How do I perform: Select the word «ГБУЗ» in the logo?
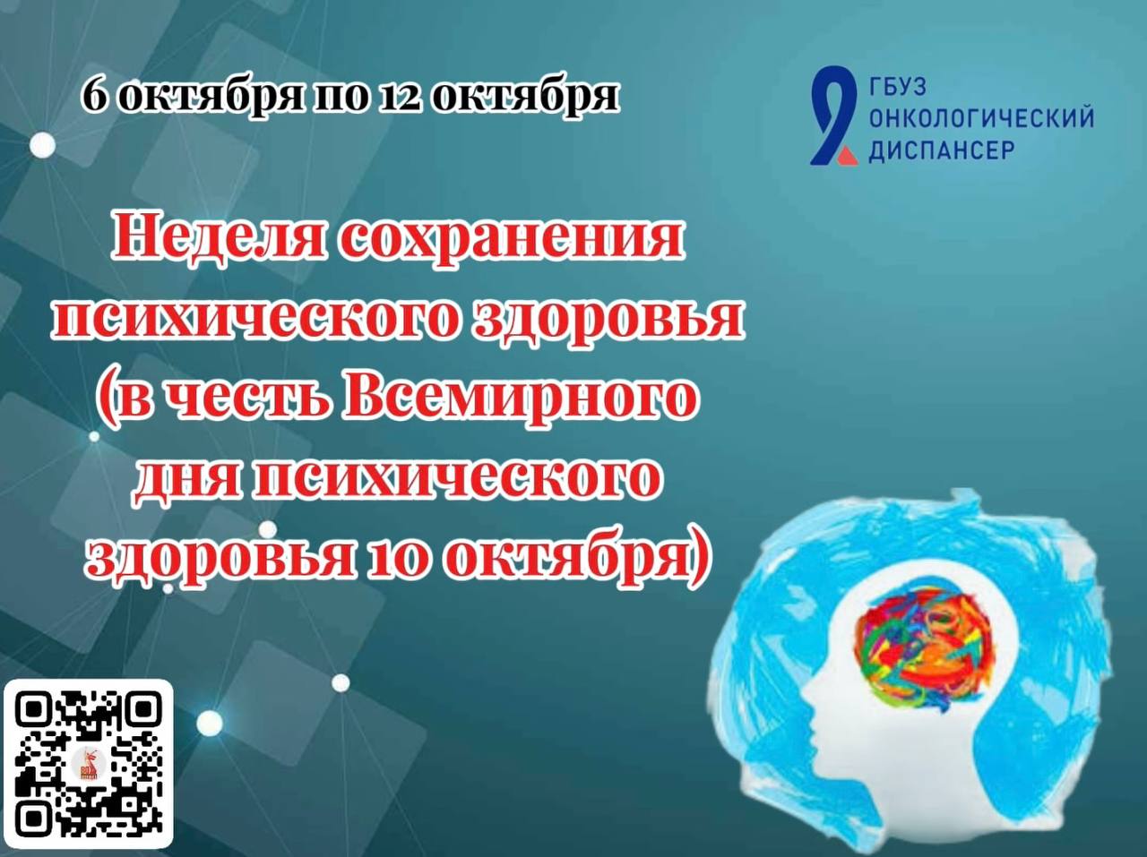point(897,87)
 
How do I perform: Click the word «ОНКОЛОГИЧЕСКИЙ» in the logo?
point(982,118)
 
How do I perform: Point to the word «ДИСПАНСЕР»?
point(942,150)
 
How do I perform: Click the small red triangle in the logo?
point(847,155)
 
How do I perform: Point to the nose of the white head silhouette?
point(805,698)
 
